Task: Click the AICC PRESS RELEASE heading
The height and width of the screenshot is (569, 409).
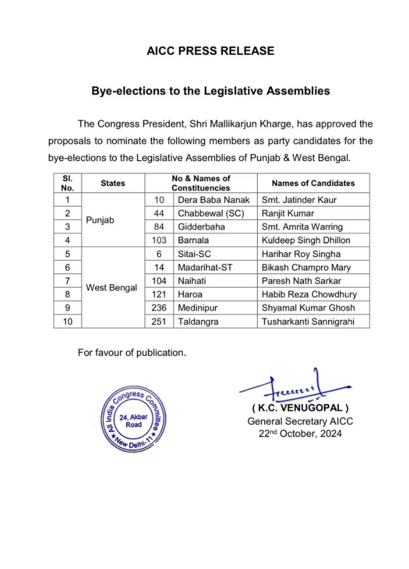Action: tap(210, 51)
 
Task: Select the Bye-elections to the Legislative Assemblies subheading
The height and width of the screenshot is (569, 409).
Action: tap(210, 91)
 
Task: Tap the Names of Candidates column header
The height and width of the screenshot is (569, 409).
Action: tap(313, 183)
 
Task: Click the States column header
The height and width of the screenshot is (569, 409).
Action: tap(113, 183)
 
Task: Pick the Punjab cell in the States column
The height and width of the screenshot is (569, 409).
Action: tap(99, 221)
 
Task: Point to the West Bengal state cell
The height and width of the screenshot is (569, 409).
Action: tap(112, 288)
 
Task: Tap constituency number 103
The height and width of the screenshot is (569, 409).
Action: tap(159, 240)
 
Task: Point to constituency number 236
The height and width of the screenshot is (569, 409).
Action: tap(159, 308)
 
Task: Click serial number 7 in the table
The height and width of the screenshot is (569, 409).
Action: tap(67, 281)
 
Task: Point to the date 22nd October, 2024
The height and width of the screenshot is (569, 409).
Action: tap(300, 434)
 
